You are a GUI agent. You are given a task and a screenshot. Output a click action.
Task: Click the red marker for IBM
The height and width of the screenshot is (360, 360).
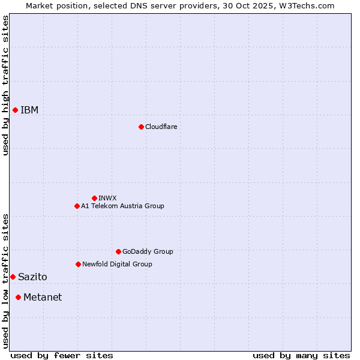pyautogui.click(x=15, y=110)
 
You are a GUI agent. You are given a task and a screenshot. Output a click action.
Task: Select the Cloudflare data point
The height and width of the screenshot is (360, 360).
pyautogui.click(x=141, y=127)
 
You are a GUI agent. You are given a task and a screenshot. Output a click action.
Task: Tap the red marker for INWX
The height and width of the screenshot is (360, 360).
pyautogui.click(x=94, y=198)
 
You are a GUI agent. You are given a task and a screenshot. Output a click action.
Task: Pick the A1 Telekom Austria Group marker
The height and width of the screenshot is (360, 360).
pyautogui.click(x=77, y=206)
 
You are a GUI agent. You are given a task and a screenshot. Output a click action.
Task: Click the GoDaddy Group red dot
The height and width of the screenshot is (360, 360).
pyautogui.click(x=118, y=251)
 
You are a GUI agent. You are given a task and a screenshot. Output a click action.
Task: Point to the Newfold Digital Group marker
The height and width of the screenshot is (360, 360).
pyautogui.click(x=78, y=264)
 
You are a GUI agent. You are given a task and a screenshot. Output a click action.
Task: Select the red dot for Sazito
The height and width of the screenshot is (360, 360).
pyautogui.click(x=13, y=277)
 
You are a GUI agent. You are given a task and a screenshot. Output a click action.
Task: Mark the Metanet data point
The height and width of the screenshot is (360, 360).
pyautogui.click(x=18, y=297)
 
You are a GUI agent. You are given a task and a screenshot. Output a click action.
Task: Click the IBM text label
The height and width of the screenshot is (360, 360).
pyautogui.click(x=29, y=110)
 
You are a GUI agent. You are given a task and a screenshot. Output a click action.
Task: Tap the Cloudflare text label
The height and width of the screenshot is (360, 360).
pyautogui.click(x=161, y=127)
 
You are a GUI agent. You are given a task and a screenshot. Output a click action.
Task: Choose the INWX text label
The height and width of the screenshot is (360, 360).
pyautogui.click(x=107, y=198)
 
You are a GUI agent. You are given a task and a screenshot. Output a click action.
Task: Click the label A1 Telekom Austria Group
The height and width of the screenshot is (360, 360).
pyautogui.click(x=122, y=206)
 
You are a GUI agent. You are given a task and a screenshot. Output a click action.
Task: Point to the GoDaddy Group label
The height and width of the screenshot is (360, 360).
pyautogui.click(x=148, y=251)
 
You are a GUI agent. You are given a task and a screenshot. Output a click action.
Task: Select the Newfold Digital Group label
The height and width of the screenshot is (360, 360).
pyautogui.click(x=117, y=264)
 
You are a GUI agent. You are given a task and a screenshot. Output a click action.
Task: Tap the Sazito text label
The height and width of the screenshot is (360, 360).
pyautogui.click(x=32, y=277)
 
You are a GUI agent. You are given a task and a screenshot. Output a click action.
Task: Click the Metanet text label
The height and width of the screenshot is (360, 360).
pyautogui.click(x=43, y=297)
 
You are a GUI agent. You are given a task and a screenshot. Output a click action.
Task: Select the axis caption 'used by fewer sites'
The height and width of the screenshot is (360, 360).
pyautogui.click(x=62, y=355)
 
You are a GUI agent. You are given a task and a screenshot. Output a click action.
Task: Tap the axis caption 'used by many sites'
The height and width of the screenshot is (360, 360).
pyautogui.click(x=301, y=355)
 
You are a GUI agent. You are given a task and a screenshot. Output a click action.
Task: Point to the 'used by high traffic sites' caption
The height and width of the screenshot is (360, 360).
pyautogui.click(x=5, y=85)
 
